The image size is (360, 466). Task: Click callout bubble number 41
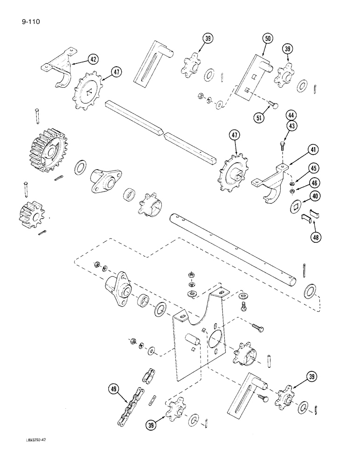[x=312, y=150]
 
